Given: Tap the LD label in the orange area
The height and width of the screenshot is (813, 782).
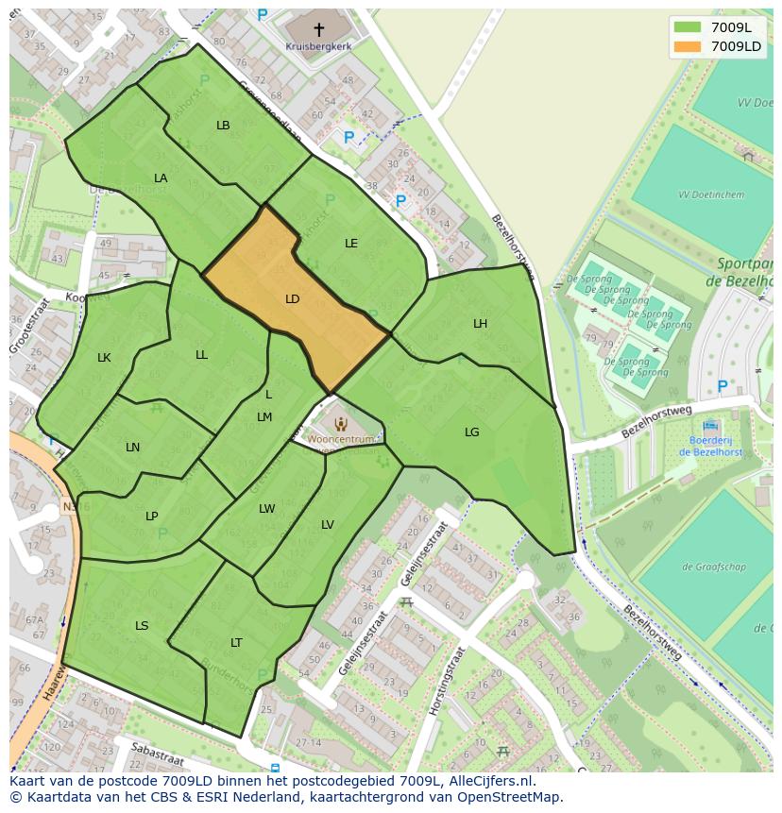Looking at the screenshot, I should [x=292, y=299].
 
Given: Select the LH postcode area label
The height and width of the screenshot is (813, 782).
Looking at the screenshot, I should [x=480, y=324].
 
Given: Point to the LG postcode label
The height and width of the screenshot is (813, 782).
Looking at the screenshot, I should [x=471, y=432].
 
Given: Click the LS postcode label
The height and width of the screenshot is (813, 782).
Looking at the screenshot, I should [x=142, y=626].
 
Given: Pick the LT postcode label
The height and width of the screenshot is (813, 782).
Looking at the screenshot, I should [x=236, y=643].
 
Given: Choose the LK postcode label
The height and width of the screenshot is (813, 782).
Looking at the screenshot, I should [x=104, y=358].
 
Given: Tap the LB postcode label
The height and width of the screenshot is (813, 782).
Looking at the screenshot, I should [x=223, y=126].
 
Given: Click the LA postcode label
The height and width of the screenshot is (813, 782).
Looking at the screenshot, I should [x=161, y=178].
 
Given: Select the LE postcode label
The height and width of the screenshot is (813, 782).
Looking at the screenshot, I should [x=350, y=244].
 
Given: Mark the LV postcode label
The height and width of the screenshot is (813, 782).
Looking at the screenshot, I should [x=327, y=525].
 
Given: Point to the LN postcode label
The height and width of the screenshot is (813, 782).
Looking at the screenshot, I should [x=132, y=448].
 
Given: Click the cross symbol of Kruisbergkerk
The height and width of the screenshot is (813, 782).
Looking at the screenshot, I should [x=318, y=29].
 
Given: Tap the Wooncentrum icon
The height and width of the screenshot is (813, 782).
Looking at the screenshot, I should [x=341, y=425].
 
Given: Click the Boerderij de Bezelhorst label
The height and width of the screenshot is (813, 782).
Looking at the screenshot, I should [x=709, y=446].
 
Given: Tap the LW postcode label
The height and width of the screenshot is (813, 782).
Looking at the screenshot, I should [x=266, y=509].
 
